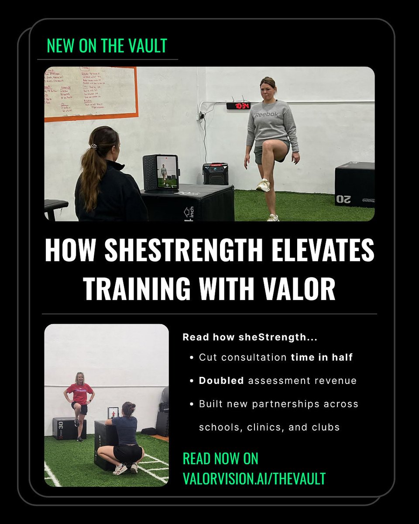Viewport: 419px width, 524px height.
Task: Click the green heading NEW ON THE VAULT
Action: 107,46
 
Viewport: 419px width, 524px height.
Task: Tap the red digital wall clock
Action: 238,106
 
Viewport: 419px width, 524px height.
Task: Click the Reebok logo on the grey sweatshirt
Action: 266,115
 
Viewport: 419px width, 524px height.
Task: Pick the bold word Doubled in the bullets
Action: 221,381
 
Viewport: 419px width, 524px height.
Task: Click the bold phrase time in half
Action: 322,357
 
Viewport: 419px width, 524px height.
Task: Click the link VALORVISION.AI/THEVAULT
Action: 254,479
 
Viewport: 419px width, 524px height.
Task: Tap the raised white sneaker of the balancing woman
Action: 263,186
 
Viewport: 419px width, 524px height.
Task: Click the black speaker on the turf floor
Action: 215,174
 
